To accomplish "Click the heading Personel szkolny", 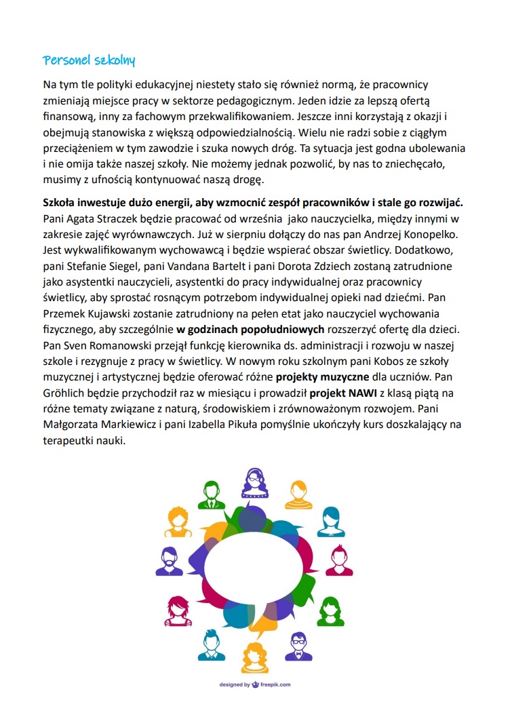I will [89, 60].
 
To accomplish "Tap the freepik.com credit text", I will [254, 684].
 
